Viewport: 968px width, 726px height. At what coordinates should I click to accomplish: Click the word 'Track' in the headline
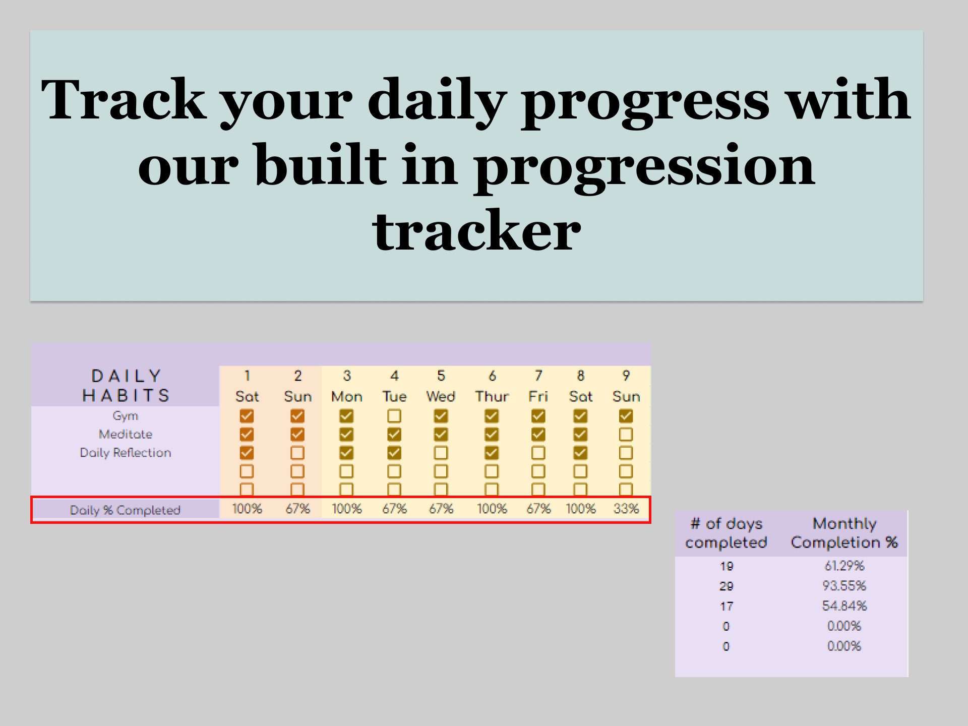tap(124, 100)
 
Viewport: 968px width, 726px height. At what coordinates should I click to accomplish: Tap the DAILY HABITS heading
tap(126, 386)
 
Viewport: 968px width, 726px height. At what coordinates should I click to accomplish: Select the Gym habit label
tap(126, 416)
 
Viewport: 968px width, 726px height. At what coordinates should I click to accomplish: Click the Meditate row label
tap(126, 434)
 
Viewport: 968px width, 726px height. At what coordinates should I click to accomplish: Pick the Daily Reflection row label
tap(126, 453)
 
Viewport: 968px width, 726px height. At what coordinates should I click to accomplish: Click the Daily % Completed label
tap(125, 510)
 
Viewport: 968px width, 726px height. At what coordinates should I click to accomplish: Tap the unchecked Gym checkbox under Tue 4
tap(394, 416)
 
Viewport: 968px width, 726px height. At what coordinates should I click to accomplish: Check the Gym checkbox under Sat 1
tap(247, 416)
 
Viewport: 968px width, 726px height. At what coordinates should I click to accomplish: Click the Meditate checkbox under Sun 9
tap(626, 434)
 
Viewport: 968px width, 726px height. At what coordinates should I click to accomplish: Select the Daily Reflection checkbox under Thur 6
tap(492, 453)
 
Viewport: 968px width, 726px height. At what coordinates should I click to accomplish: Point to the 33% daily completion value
tap(626, 509)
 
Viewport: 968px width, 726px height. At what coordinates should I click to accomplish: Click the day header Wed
tap(441, 397)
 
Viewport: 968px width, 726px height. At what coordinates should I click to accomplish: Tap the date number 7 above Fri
tap(538, 376)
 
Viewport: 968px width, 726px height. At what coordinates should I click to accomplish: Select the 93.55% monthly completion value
tap(844, 586)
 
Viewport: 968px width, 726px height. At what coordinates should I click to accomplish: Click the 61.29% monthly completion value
tap(844, 566)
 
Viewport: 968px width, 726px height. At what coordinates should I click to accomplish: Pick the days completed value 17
tap(726, 607)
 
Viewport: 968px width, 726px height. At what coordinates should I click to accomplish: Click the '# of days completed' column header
tap(726, 533)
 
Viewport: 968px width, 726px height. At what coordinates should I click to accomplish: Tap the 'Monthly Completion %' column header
tap(844, 533)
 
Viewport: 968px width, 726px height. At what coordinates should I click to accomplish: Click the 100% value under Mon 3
tap(346, 509)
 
